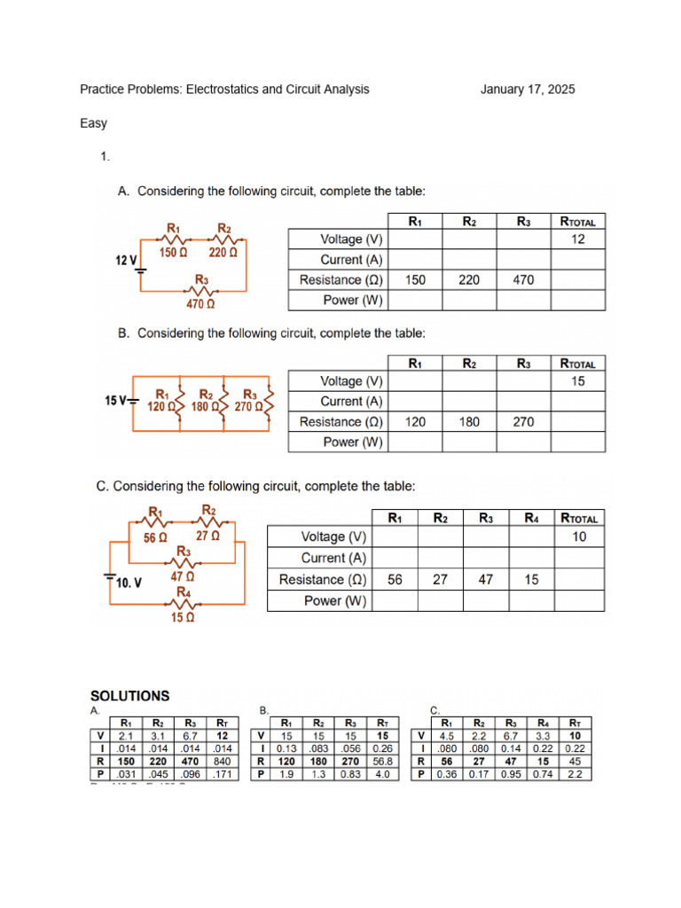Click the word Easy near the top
[93, 124]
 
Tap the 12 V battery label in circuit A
[126, 261]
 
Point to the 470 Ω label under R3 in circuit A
[200, 304]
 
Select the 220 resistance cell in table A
[469, 280]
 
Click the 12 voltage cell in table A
[578, 239]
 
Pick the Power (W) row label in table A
[353, 301]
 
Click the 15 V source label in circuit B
[117, 401]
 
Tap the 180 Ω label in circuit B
[206, 407]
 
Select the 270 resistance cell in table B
[523, 422]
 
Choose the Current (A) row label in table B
[353, 402]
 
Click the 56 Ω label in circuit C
[155, 537]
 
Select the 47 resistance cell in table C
[485, 579]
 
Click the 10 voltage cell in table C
[579, 537]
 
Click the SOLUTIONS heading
[129, 696]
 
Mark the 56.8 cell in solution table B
[382, 761]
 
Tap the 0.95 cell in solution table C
[511, 774]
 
